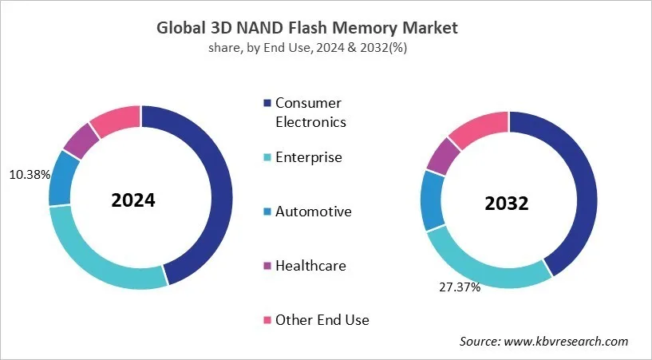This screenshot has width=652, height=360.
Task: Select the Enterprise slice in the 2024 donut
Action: pos(96,255)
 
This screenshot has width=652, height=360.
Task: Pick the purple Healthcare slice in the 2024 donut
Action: pos(80,140)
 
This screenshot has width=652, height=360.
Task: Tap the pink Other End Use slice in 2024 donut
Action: pos(116,118)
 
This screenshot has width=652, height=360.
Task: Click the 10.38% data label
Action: pos(29,174)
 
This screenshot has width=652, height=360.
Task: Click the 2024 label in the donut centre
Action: pos(132,200)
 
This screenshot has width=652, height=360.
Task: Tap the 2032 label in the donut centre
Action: pos(507,204)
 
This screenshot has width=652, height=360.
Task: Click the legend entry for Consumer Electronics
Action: pos(310,113)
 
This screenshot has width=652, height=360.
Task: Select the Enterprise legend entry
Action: pos(308,157)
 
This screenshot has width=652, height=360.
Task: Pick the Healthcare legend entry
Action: pos(310,265)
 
